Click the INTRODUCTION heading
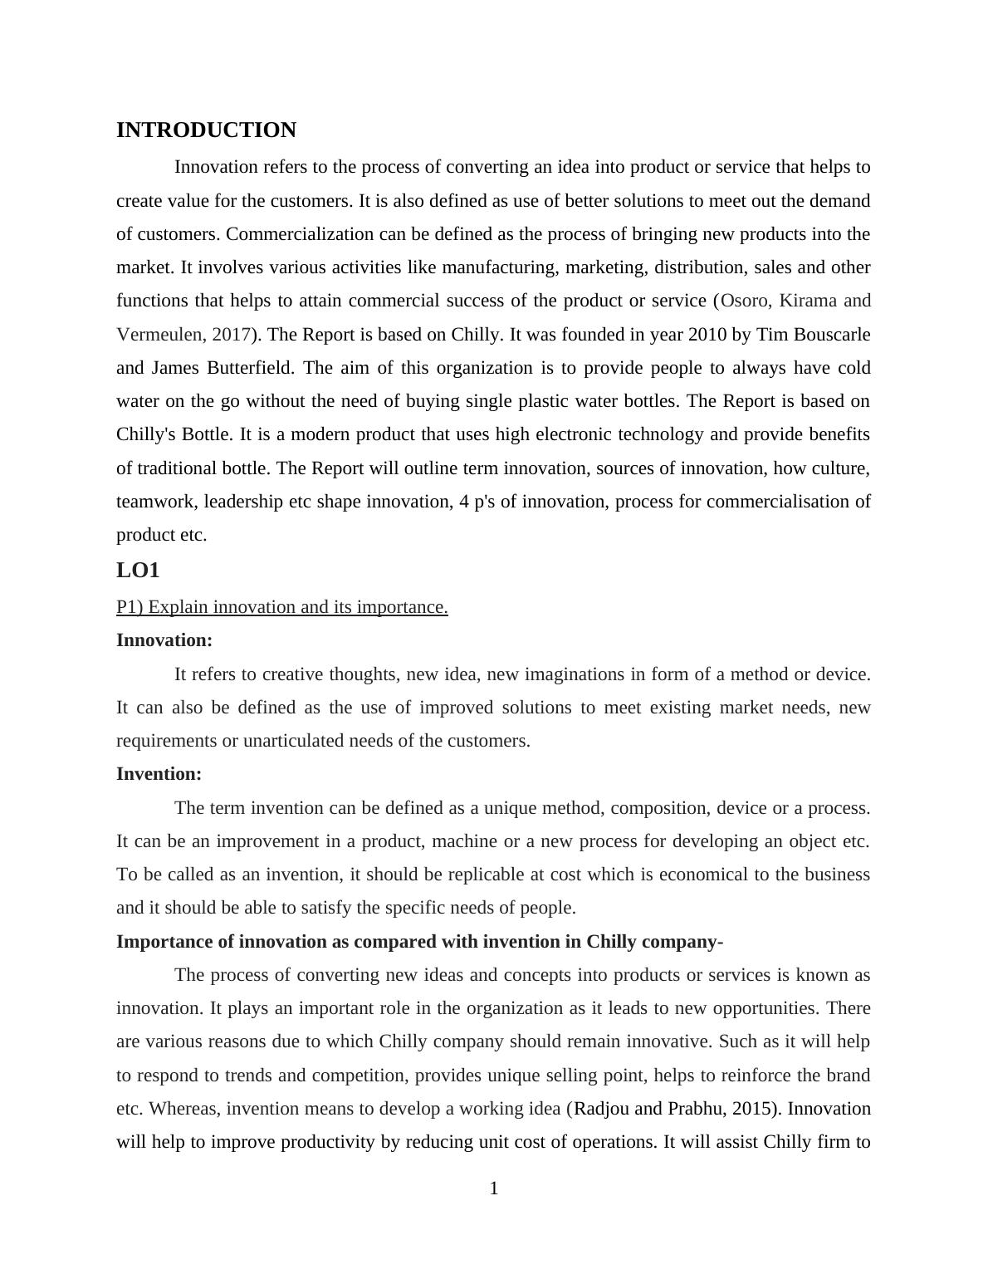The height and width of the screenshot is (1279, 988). (206, 130)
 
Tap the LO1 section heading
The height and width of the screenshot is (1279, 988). (138, 571)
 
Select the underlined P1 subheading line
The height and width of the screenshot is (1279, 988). (281, 607)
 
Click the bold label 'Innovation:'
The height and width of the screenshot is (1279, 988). (164, 640)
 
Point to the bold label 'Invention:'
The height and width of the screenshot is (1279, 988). (159, 774)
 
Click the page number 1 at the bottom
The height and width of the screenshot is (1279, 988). (494, 1189)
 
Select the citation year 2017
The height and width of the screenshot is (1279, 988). (232, 335)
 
